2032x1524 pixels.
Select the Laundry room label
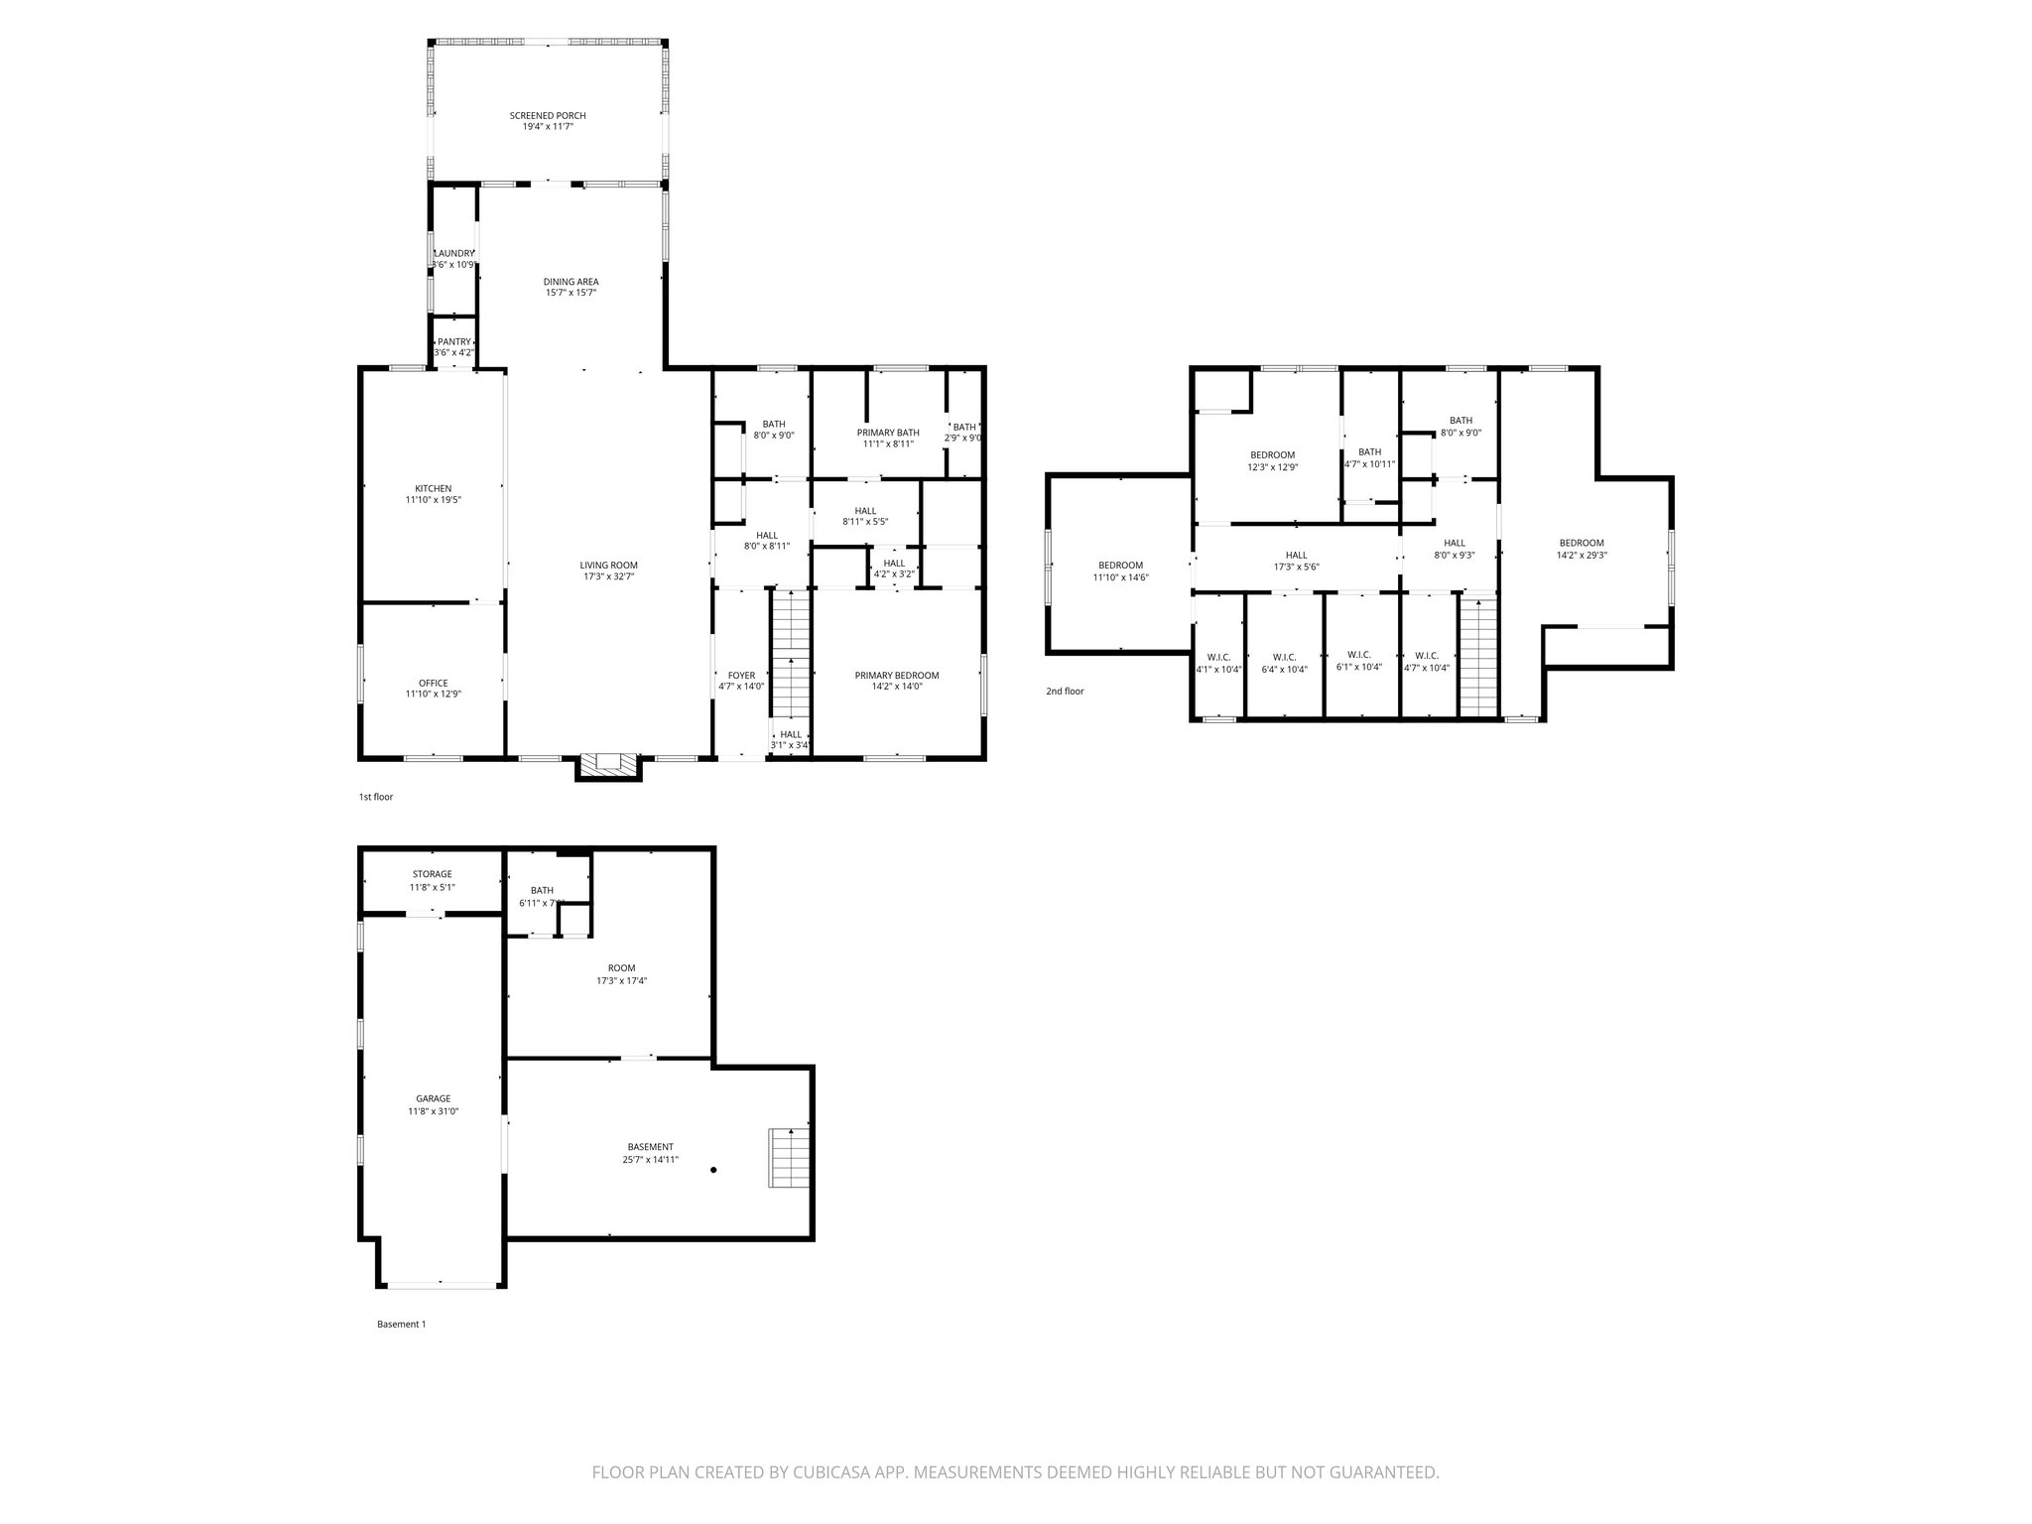[x=454, y=254]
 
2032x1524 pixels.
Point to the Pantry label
[x=454, y=341]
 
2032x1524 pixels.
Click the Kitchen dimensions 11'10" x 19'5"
[x=433, y=501]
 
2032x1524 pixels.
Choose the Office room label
[x=433, y=683]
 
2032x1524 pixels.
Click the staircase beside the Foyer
[x=792, y=655]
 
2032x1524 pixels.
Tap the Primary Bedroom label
[x=896, y=676]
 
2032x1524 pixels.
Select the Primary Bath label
[x=888, y=433]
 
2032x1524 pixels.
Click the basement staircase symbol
[x=789, y=1158]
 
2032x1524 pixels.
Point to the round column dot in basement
[x=713, y=1171]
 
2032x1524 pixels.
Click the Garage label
[x=433, y=1098]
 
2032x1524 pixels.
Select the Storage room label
[x=433, y=874]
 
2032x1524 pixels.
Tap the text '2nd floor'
[x=1065, y=691]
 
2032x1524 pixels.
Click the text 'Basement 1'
[x=401, y=1324]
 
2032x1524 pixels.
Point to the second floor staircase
[x=1478, y=655]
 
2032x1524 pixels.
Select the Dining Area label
[x=571, y=282]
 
